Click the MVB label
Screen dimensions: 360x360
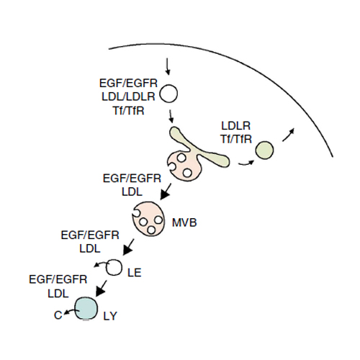tap(184, 222)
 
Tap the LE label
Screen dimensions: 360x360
tap(135, 273)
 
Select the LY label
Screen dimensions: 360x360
tap(110, 316)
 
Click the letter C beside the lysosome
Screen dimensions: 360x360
tap(58, 315)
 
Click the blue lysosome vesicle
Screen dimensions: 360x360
tap(86, 309)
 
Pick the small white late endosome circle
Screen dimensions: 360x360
tap(114, 267)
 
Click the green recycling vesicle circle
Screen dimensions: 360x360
tap(264, 150)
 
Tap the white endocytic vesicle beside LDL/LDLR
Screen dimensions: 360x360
tap(168, 94)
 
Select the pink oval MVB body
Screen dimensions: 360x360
tap(148, 219)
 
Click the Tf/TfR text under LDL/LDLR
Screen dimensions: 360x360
tap(128, 111)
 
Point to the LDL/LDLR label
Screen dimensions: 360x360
tap(128, 96)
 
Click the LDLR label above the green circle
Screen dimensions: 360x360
tap(235, 126)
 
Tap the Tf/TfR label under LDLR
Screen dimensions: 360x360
tap(236, 139)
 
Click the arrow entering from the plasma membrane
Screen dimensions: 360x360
tap(168, 66)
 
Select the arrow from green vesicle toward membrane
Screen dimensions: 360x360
tap(288, 135)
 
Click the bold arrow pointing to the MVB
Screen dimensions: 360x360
tap(166, 192)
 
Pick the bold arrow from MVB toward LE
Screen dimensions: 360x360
tap(128, 247)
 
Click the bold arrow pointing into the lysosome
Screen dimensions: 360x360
tap(101, 289)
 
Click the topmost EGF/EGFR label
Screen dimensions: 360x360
tap(128, 84)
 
